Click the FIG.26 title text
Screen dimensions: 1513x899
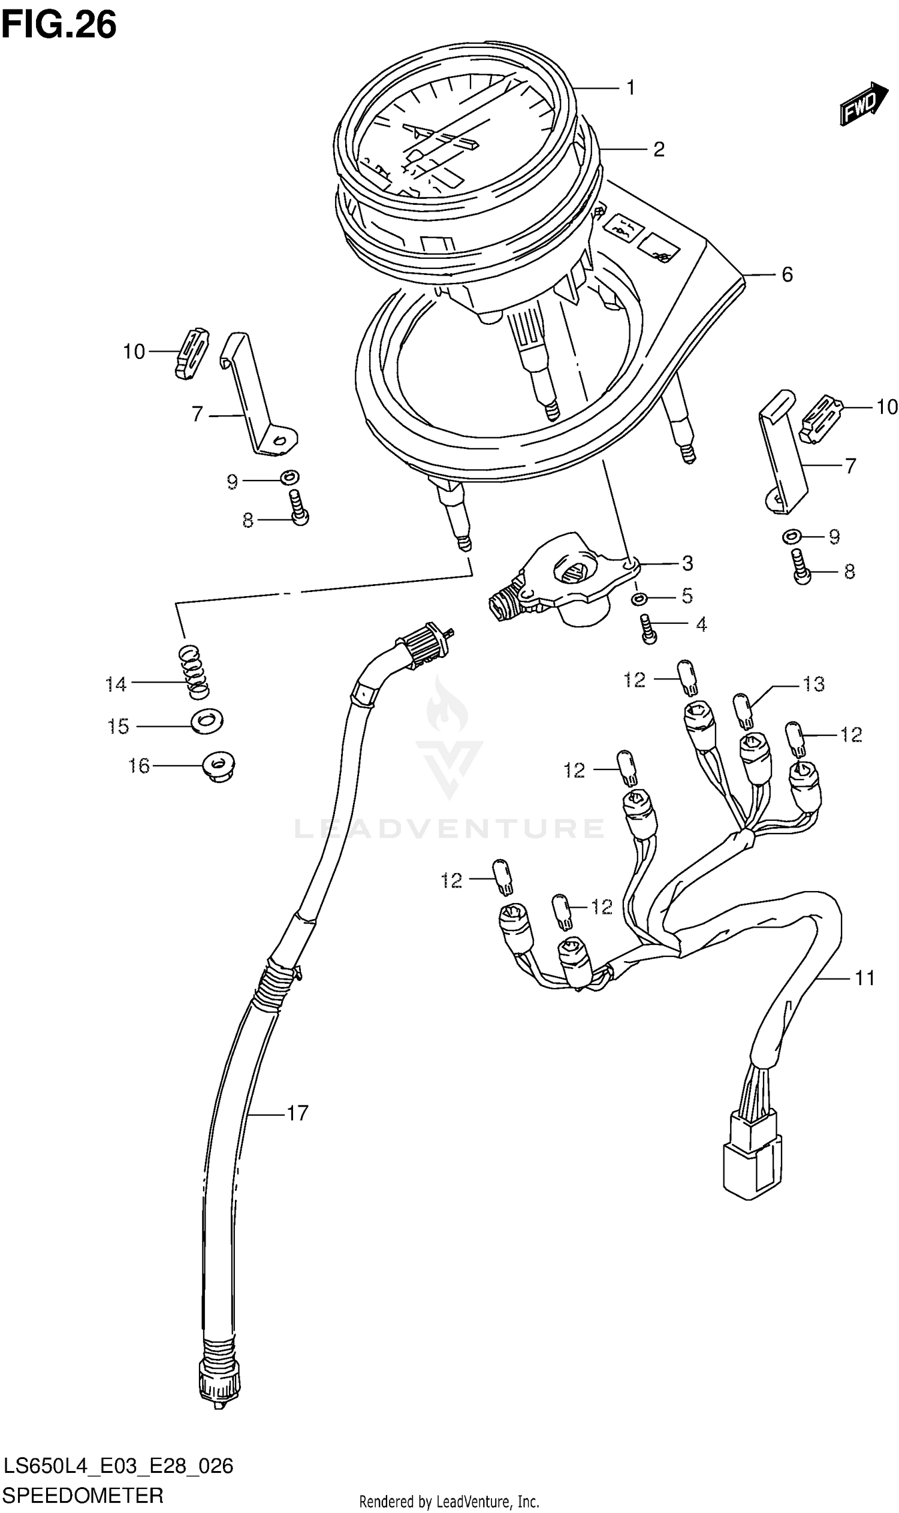click(x=59, y=25)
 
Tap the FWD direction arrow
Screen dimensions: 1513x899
click(x=862, y=104)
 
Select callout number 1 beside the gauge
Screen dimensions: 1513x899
click(x=630, y=89)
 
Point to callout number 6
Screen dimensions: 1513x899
click(x=786, y=275)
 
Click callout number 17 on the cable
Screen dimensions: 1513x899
click(x=297, y=1113)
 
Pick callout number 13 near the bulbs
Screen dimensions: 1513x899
click(x=813, y=684)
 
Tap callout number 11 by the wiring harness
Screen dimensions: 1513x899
click(x=864, y=978)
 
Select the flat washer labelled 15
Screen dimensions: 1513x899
click(x=207, y=721)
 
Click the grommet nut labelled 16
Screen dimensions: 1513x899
click(x=219, y=767)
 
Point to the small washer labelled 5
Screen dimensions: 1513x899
click(x=639, y=599)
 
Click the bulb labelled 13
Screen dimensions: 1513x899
click(x=743, y=711)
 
